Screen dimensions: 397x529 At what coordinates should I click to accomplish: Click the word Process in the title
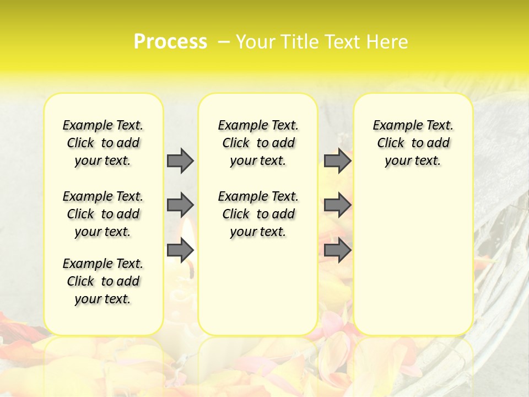click(x=170, y=41)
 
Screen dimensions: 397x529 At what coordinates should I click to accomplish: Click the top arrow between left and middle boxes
click(x=180, y=160)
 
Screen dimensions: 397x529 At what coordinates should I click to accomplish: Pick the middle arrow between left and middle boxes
click(x=180, y=205)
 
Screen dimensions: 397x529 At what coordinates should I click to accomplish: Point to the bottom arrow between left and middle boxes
click(x=180, y=250)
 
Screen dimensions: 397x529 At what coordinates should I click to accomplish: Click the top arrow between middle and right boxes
click(x=337, y=160)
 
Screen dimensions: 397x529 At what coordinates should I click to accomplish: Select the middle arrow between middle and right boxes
click(x=337, y=205)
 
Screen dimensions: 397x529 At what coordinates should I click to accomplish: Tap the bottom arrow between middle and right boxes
click(x=337, y=250)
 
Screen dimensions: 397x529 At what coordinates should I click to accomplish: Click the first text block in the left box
click(x=103, y=143)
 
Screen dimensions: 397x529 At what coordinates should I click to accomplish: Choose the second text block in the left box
click(x=103, y=214)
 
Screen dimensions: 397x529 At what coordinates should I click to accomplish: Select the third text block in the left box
click(x=103, y=281)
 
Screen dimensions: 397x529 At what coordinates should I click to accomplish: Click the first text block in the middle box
click(x=258, y=143)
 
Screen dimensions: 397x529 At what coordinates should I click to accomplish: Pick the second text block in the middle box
click(x=258, y=214)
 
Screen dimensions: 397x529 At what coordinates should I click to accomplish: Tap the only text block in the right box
click(x=413, y=143)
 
